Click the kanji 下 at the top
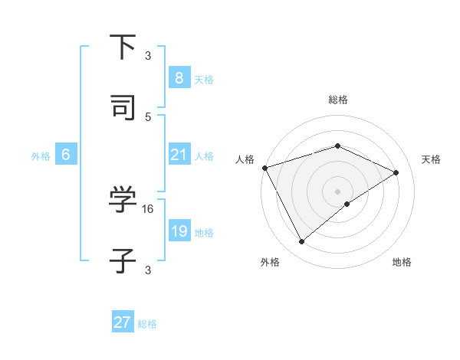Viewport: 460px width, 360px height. tap(123, 47)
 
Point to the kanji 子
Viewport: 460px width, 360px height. tap(123, 260)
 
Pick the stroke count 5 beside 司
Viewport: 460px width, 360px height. tap(148, 116)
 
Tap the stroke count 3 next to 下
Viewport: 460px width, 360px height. tap(148, 55)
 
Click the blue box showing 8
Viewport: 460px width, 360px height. tap(179, 78)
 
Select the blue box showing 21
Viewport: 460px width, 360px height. tap(179, 155)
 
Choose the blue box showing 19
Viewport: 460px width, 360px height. tap(179, 231)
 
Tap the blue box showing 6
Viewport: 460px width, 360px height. tap(66, 155)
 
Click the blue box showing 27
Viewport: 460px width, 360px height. tap(123, 322)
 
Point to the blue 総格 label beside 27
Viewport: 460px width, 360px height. tap(147, 324)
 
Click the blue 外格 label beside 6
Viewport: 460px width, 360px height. tap(41, 156)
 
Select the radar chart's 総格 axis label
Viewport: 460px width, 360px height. tap(338, 100)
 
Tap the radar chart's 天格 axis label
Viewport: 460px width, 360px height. tap(431, 159)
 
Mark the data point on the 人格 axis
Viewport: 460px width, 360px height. tap(264, 168)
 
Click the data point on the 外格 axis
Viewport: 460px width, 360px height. tap(301, 242)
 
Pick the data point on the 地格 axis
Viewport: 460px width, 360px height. tap(347, 204)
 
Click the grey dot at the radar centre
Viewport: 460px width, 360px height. tap(338, 191)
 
